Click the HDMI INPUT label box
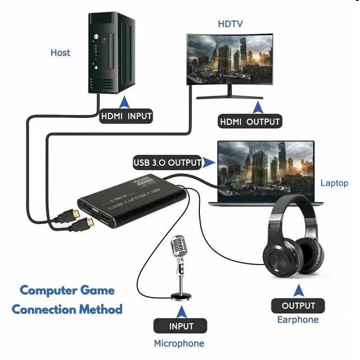(x=126, y=117)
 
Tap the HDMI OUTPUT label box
(x=250, y=121)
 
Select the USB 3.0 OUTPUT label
(x=167, y=163)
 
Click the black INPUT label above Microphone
(x=180, y=326)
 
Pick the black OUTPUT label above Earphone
(x=298, y=306)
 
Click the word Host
(x=60, y=53)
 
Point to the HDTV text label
(x=230, y=24)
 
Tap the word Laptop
(x=334, y=183)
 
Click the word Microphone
(x=179, y=344)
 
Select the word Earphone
(x=298, y=320)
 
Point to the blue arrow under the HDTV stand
(x=258, y=107)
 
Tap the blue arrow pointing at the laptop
(x=208, y=162)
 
